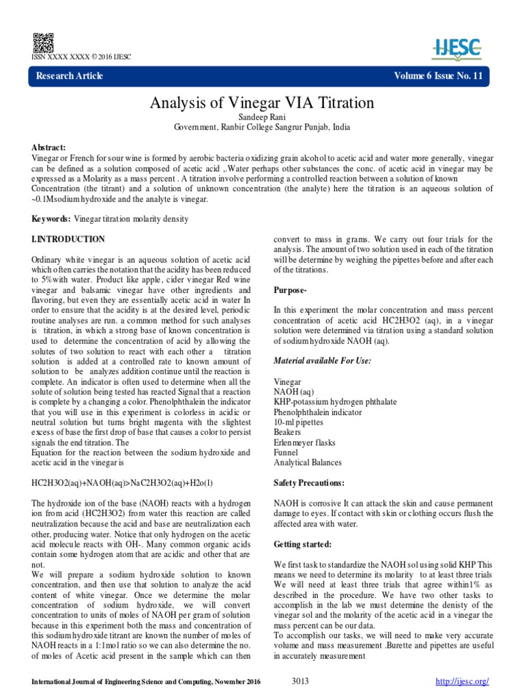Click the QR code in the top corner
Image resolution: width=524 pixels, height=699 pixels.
pyautogui.click(x=38, y=40)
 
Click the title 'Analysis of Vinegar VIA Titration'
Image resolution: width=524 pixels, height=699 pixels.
pyautogui.click(x=262, y=103)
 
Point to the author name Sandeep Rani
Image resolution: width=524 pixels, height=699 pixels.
pyautogui.click(x=262, y=117)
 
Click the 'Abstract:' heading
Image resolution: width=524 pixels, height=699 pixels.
pyautogui.click(x=49, y=147)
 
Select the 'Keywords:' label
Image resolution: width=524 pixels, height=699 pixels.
pyautogui.click(x=51, y=218)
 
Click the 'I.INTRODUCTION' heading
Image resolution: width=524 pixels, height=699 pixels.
pyautogui.click(x=68, y=240)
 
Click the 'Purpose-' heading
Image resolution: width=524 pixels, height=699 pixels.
pyautogui.click(x=291, y=289)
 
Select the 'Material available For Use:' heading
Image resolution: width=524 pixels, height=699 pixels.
pyautogui.click(x=322, y=360)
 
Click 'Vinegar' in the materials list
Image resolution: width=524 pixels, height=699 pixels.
pyautogui.click(x=287, y=382)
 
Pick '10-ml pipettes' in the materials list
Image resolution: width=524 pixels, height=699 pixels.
pyautogui.click(x=298, y=423)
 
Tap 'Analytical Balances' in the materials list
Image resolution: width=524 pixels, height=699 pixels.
pyautogui.click(x=307, y=463)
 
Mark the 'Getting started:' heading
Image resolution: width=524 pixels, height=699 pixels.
pyautogui.click(x=302, y=544)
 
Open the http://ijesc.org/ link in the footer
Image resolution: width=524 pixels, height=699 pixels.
pyautogui.click(x=463, y=681)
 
